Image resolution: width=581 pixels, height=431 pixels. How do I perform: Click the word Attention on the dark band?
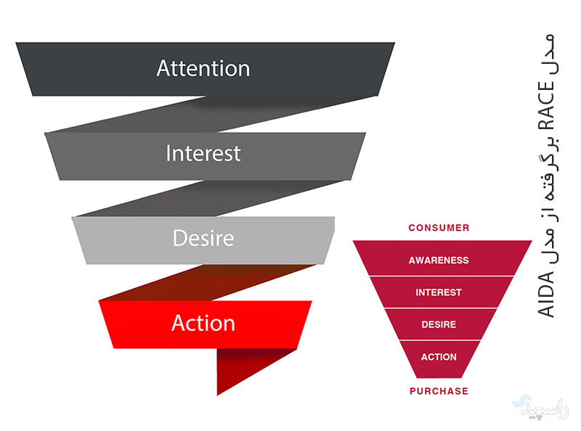[x=203, y=69]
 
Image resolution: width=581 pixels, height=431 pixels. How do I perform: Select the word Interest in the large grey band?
[x=203, y=154]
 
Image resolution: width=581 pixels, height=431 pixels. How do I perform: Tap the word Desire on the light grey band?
[x=203, y=238]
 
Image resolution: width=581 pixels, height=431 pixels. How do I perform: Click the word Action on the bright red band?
[x=203, y=323]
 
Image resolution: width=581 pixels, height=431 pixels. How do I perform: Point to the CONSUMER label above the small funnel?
[x=439, y=228]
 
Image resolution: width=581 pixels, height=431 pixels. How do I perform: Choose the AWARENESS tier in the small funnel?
[x=439, y=260]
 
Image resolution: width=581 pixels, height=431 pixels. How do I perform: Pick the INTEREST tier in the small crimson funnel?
[x=439, y=292]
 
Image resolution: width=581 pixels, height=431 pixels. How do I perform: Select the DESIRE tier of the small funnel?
[x=439, y=324]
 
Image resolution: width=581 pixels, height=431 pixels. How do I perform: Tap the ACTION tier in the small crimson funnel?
[x=439, y=357]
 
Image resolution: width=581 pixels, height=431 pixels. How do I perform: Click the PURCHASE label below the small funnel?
[x=439, y=391]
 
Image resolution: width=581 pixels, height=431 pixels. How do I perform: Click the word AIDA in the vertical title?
[x=547, y=297]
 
